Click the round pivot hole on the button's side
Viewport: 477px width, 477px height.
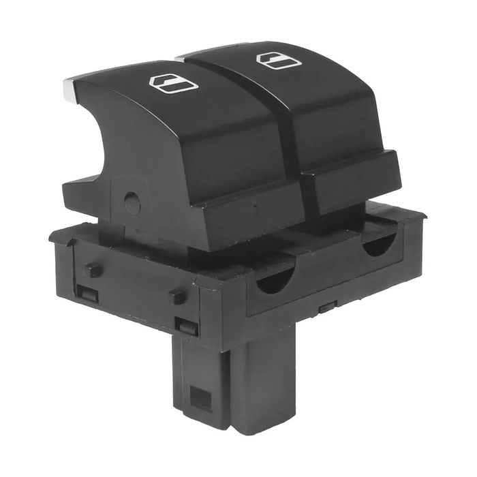[x=133, y=202]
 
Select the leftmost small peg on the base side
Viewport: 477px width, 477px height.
[x=93, y=270]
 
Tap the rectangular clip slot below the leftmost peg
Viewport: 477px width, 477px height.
[x=87, y=294]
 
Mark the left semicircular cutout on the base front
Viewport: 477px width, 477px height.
[x=276, y=281]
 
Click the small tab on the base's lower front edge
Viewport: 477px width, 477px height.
[x=326, y=308]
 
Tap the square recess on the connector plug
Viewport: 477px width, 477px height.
[x=201, y=399]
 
